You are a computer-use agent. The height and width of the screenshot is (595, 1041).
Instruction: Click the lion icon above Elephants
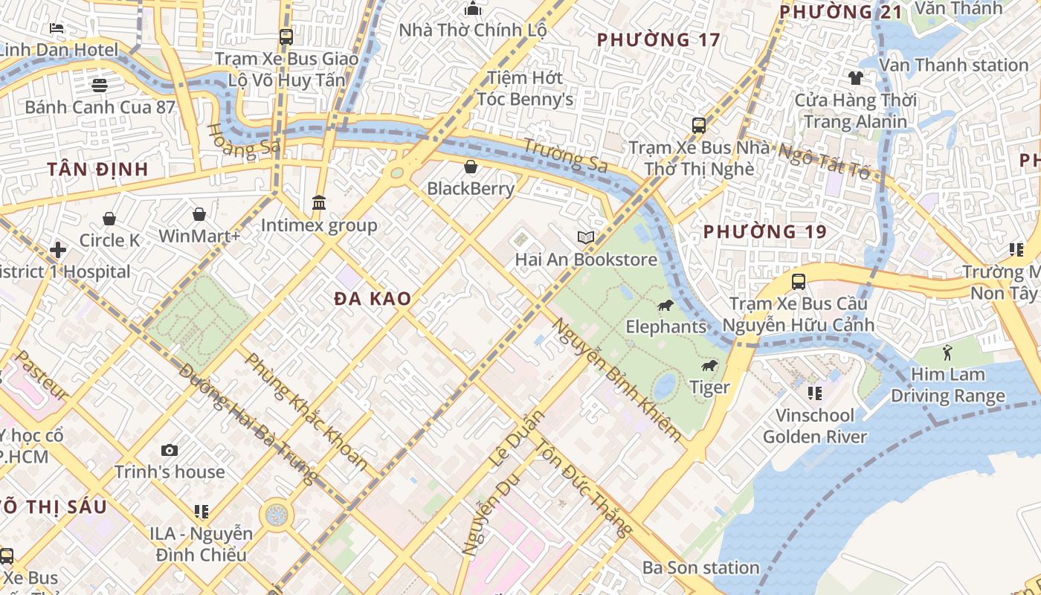coord(665,306)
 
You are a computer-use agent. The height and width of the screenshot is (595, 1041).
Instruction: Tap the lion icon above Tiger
coord(709,366)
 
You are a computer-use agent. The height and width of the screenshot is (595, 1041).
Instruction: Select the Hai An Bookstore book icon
coord(586,238)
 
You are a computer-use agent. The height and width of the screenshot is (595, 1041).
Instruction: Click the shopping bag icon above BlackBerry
coord(470,167)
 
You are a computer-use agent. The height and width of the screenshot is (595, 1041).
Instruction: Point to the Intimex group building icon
coord(319,203)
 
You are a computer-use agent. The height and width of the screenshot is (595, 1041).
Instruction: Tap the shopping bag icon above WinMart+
coord(199,215)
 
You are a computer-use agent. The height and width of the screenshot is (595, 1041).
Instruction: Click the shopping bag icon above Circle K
coord(109,219)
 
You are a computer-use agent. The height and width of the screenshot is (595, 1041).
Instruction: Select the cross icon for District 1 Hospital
coord(58,250)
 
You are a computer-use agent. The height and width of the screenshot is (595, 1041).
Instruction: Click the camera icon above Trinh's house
coord(170,450)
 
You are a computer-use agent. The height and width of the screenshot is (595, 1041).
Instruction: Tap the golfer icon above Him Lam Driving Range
coord(947,353)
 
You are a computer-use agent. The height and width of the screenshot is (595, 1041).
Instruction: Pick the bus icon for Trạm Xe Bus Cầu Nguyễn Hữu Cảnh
coord(798,282)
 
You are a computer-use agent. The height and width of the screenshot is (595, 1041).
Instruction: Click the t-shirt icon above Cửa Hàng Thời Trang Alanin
coord(855,77)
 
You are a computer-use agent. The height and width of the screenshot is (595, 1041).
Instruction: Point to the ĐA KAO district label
coord(373,299)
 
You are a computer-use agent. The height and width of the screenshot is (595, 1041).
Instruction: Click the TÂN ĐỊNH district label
coord(98,170)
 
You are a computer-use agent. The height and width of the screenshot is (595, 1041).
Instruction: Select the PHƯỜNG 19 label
coord(765,232)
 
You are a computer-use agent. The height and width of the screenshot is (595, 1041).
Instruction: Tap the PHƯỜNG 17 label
coord(659,39)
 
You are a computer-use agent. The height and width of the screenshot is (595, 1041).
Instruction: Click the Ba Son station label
coord(700,568)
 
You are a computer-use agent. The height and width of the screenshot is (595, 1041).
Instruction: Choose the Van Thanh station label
coord(953,65)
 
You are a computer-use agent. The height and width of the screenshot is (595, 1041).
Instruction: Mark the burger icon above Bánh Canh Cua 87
coord(100,85)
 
